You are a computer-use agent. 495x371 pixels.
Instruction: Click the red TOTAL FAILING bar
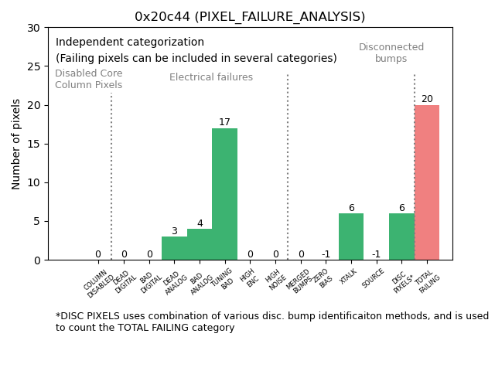pyautogui.click(x=427, y=182)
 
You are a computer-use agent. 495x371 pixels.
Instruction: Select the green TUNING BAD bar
pyautogui.click(x=224, y=194)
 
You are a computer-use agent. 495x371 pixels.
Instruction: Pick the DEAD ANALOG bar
pyautogui.click(x=174, y=248)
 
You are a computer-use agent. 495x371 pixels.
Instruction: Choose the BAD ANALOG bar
pyautogui.click(x=200, y=244)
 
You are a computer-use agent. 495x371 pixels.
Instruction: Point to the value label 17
pyautogui.click(x=224, y=122)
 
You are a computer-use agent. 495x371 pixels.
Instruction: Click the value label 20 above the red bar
pyautogui.click(x=427, y=99)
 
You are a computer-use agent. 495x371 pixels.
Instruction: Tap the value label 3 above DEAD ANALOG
pyautogui.click(x=174, y=231)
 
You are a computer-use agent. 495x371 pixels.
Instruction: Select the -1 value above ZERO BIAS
pyautogui.click(x=326, y=254)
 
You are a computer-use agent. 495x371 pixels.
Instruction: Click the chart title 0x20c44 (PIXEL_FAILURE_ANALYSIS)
pyautogui.click(x=250, y=16)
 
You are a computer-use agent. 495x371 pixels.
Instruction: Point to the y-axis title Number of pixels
pyautogui.click(x=16, y=144)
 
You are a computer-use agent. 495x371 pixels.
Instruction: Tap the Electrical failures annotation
pyautogui.click(x=211, y=77)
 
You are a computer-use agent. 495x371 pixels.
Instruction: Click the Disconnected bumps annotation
pyautogui.click(x=391, y=53)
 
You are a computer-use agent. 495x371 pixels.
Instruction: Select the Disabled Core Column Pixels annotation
pyautogui.click(x=88, y=79)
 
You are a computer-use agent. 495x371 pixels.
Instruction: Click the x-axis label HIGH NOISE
pyautogui.click(x=273, y=281)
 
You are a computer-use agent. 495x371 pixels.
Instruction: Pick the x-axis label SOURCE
pyautogui.click(x=374, y=277)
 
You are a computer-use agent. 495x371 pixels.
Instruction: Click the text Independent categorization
pyautogui.click(x=130, y=43)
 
